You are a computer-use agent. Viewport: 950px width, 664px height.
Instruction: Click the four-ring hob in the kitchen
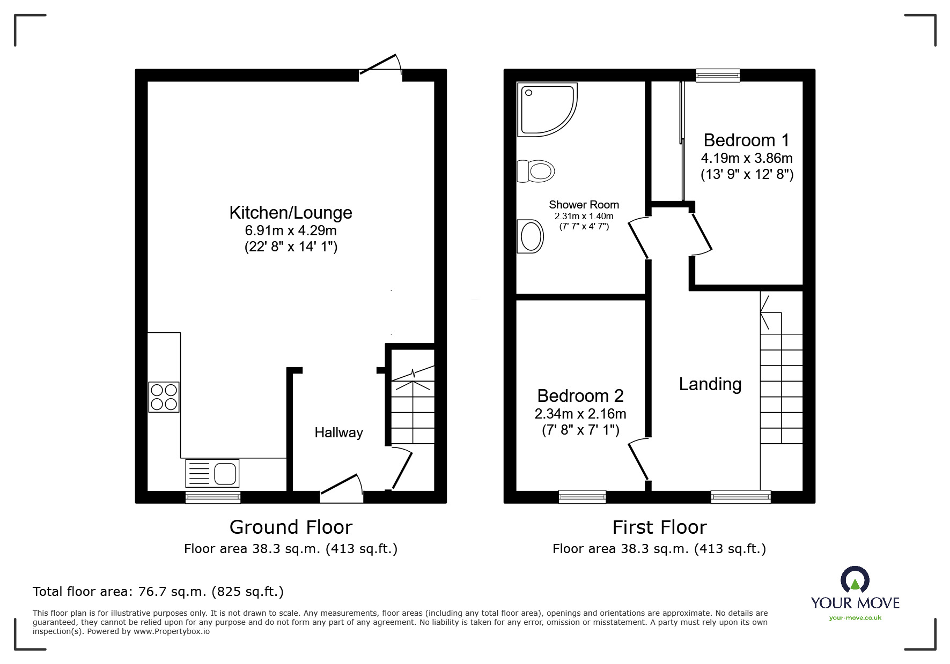pyautogui.click(x=164, y=397)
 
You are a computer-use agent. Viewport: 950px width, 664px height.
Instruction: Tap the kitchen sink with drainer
pyautogui.click(x=212, y=473)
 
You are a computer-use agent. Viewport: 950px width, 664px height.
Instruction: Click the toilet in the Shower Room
pyautogui.click(x=536, y=171)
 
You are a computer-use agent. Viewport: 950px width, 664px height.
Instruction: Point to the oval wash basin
pyautogui.click(x=531, y=236)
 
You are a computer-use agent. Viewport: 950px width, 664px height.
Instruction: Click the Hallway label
pyautogui.click(x=338, y=432)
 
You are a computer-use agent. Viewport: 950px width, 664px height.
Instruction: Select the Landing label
pyautogui.click(x=710, y=384)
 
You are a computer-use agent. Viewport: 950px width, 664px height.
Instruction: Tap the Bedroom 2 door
pyautogui.click(x=638, y=459)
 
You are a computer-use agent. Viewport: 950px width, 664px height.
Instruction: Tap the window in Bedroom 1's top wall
pyautogui.click(x=718, y=76)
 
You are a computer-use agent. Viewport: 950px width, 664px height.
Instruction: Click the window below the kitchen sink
pyautogui.click(x=213, y=498)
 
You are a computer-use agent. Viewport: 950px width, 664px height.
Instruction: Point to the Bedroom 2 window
pyautogui.click(x=582, y=497)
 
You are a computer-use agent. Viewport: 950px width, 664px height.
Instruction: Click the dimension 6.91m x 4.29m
pyautogui.click(x=291, y=231)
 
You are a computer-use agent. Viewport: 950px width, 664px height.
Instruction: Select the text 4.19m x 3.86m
pyautogui.click(x=747, y=158)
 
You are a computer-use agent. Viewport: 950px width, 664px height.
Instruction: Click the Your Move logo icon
pyautogui.click(x=855, y=580)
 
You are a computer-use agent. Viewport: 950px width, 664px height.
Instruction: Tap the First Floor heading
pyautogui.click(x=659, y=527)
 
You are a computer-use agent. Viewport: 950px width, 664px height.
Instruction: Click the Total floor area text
pyautogui.click(x=158, y=592)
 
